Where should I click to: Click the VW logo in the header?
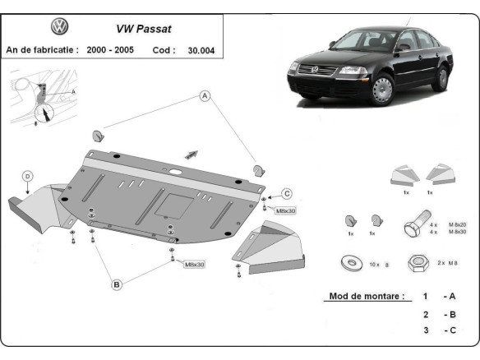(60, 27)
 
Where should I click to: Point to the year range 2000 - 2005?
(113, 49)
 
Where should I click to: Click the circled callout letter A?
(205, 96)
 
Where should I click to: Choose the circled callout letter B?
(117, 284)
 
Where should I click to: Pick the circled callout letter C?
(287, 193)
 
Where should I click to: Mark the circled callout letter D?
(27, 176)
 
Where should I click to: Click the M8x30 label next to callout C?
(286, 210)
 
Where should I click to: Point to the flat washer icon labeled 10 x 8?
(349, 263)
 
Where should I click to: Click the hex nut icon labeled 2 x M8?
(417, 263)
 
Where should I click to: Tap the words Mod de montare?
(366, 296)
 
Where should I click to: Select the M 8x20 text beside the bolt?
(457, 224)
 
